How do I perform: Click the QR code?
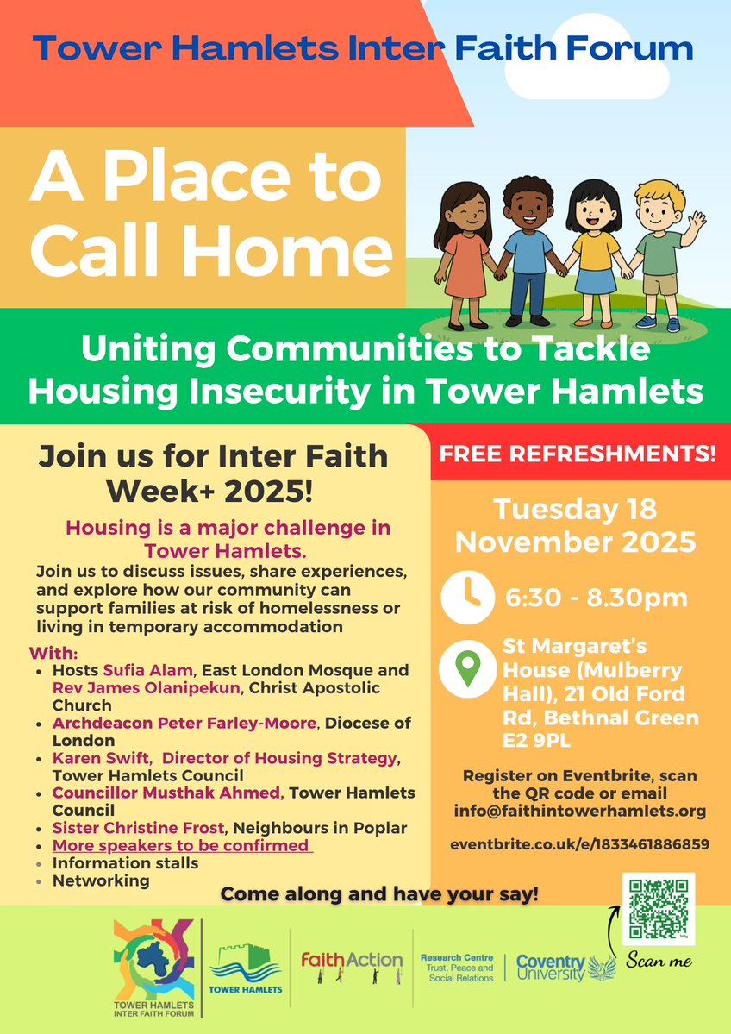coord(658,910)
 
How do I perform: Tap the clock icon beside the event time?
coord(469,596)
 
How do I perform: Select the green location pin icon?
coord(468,668)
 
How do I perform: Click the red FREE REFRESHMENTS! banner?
coord(579,454)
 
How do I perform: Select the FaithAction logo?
coord(351,962)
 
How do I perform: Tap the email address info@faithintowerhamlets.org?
coord(580,811)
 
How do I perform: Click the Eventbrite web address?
coord(580,844)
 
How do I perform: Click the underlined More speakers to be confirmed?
coord(180,845)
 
